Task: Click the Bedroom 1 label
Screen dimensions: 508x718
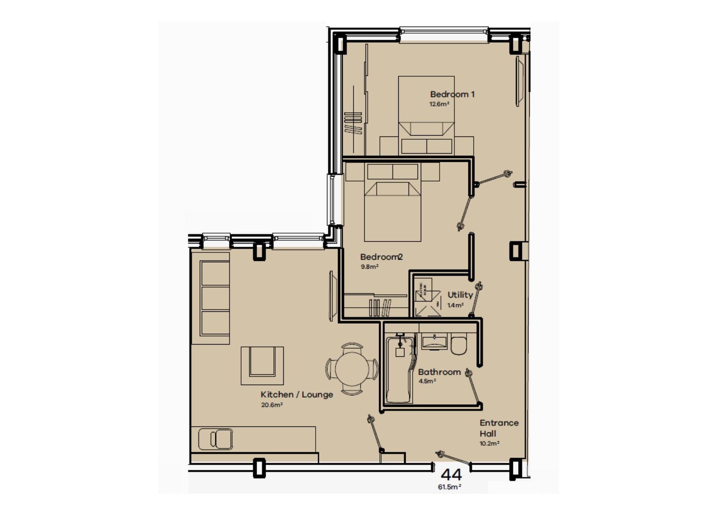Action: (452, 94)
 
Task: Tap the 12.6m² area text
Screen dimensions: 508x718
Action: (439, 104)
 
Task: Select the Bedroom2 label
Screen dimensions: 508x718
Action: (381, 257)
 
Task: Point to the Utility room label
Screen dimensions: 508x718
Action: (460, 295)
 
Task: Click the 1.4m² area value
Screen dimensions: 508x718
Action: (455, 305)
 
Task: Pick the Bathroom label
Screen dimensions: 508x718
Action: (439, 372)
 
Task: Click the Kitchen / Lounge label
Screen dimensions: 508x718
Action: (297, 395)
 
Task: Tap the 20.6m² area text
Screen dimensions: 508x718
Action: (272, 405)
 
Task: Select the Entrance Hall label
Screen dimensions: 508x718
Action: (499, 428)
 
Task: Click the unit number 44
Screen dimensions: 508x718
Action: (451, 475)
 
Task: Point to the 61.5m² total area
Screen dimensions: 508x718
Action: (449, 487)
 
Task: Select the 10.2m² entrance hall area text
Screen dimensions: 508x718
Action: (489, 443)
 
